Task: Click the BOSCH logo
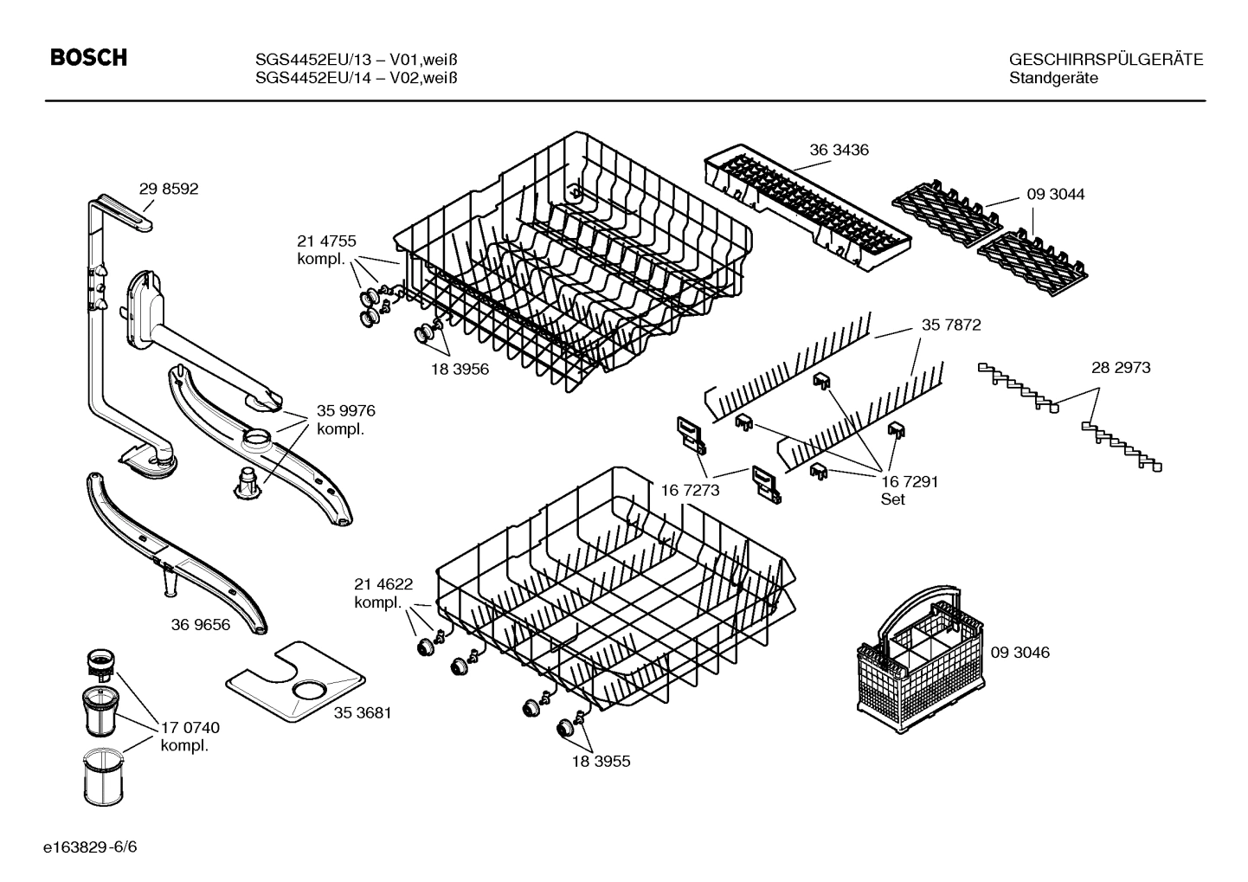88,58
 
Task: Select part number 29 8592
169,189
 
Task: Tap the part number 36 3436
839,150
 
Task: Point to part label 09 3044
1055,195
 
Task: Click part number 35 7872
951,325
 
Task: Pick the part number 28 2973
1121,368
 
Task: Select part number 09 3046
1020,653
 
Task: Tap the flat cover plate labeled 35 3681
295,682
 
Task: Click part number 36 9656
201,624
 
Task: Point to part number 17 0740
190,729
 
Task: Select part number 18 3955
601,762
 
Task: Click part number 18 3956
460,369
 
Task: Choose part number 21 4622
383,583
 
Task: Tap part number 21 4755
326,241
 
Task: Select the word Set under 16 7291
892,499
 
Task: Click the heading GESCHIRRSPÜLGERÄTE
1106,60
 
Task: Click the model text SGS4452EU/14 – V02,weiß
357,78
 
